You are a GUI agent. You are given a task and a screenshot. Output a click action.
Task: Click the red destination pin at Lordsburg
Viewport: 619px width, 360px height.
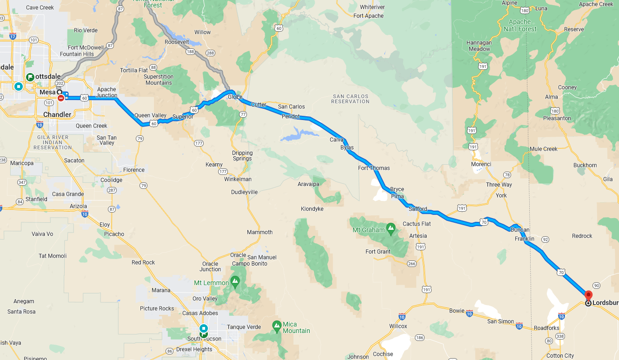[x=588, y=295]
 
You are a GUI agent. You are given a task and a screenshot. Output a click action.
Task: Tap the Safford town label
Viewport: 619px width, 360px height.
[x=417, y=209]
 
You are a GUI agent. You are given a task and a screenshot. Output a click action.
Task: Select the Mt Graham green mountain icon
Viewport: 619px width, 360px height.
[x=391, y=227]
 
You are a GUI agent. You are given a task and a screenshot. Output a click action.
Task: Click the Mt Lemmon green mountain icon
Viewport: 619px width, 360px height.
[x=235, y=281]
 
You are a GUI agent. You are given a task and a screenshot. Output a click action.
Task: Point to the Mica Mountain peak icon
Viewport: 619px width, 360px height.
[x=277, y=325]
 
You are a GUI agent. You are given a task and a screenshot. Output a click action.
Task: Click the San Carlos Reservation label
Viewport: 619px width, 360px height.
[x=351, y=99]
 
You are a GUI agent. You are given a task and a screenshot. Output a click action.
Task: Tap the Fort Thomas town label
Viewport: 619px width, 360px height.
[x=373, y=168]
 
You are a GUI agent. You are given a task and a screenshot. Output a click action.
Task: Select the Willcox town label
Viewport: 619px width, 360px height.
[x=398, y=326]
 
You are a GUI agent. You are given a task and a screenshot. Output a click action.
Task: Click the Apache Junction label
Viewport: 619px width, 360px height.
[x=107, y=92]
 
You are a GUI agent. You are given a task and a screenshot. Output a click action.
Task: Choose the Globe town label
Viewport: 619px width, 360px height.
[x=235, y=97]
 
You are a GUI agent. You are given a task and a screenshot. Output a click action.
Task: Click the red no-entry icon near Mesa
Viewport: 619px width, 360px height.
[x=61, y=98]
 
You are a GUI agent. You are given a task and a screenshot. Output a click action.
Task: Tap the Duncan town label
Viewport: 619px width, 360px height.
[x=519, y=230]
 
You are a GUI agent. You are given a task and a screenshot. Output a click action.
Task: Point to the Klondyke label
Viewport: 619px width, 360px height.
[x=312, y=209]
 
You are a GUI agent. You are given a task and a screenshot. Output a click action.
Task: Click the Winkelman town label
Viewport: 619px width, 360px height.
[x=238, y=179]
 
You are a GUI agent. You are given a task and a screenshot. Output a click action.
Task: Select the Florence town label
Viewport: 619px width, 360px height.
[x=134, y=170]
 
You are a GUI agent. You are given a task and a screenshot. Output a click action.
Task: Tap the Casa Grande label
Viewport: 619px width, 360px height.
[x=68, y=194]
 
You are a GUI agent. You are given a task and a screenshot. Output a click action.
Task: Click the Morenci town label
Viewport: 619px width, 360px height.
[x=481, y=164]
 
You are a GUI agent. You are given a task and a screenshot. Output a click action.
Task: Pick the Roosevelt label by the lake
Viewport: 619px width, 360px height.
[x=177, y=42]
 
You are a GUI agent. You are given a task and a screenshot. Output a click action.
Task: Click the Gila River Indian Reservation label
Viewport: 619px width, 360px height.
[x=53, y=142]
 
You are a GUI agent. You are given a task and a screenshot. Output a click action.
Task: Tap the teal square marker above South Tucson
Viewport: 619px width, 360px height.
[x=203, y=328]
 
